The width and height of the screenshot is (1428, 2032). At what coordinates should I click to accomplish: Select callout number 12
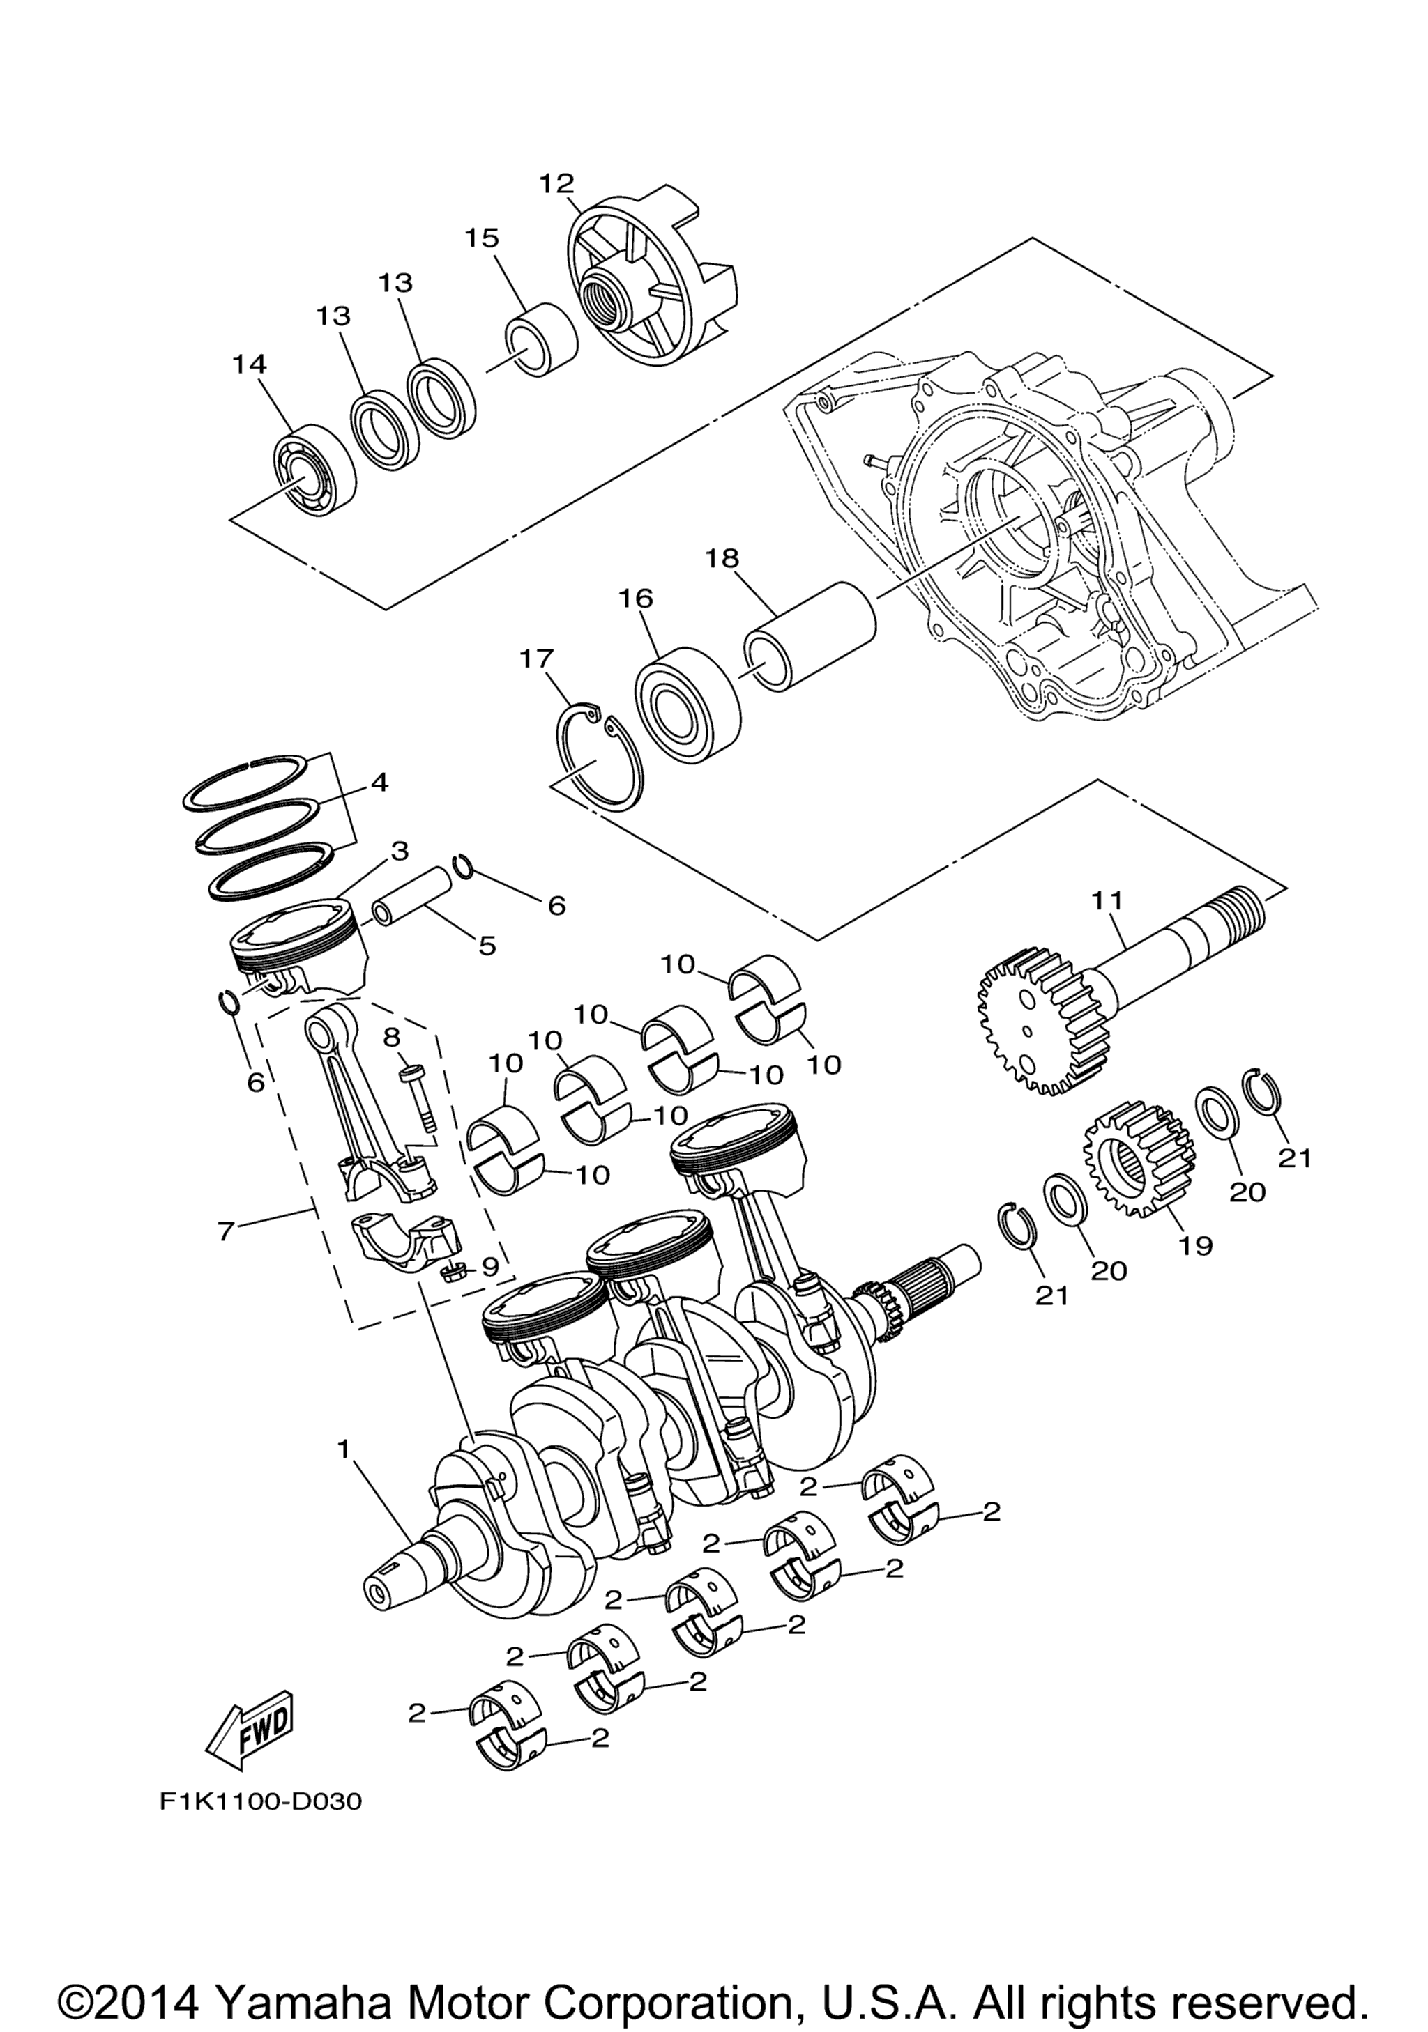pyautogui.click(x=557, y=183)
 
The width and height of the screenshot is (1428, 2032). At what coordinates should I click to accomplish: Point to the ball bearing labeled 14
pyautogui.click(x=312, y=475)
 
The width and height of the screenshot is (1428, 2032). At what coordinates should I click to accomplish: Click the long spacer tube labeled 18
pyautogui.click(x=810, y=636)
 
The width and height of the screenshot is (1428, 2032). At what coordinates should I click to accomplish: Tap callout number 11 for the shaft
pyautogui.click(x=1107, y=901)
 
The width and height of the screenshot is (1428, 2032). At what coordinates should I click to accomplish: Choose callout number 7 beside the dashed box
pyautogui.click(x=226, y=1230)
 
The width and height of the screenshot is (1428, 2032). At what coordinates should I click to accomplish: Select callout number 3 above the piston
pyautogui.click(x=400, y=852)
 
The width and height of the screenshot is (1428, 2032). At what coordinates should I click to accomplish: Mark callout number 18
pyautogui.click(x=722, y=557)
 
